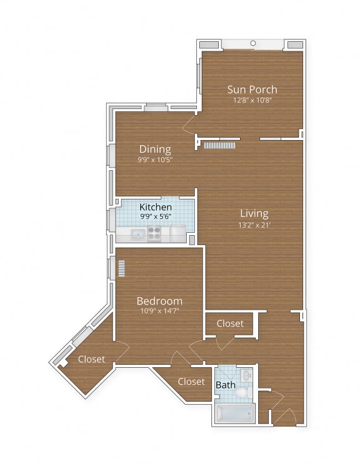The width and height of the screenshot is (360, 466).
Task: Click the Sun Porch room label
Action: coord(252,89)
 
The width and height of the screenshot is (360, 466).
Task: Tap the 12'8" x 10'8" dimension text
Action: coord(252,100)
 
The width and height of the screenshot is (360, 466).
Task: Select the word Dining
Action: coord(155,149)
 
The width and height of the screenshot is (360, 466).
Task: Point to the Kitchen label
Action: coord(156,207)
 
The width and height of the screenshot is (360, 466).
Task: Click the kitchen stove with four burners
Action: coord(155,233)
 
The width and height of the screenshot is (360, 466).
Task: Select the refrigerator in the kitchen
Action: coord(178,233)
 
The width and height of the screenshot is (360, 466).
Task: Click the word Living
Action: coord(252,213)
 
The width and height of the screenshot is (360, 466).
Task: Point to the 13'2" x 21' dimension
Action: coord(252,225)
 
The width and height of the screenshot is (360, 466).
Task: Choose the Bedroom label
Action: coord(159,301)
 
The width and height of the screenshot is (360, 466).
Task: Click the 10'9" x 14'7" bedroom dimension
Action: coord(159,311)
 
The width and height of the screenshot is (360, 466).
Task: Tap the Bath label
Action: coord(225,385)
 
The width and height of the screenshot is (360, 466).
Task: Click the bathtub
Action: coord(234,413)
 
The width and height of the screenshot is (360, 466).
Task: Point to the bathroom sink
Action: coord(247,376)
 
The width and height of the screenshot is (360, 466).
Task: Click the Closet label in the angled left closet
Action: coord(91,359)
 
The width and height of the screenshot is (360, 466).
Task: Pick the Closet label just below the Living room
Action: coord(230,323)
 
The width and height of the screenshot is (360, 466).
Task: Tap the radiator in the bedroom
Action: coord(122,268)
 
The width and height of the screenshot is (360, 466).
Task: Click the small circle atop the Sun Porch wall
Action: coord(253,43)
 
